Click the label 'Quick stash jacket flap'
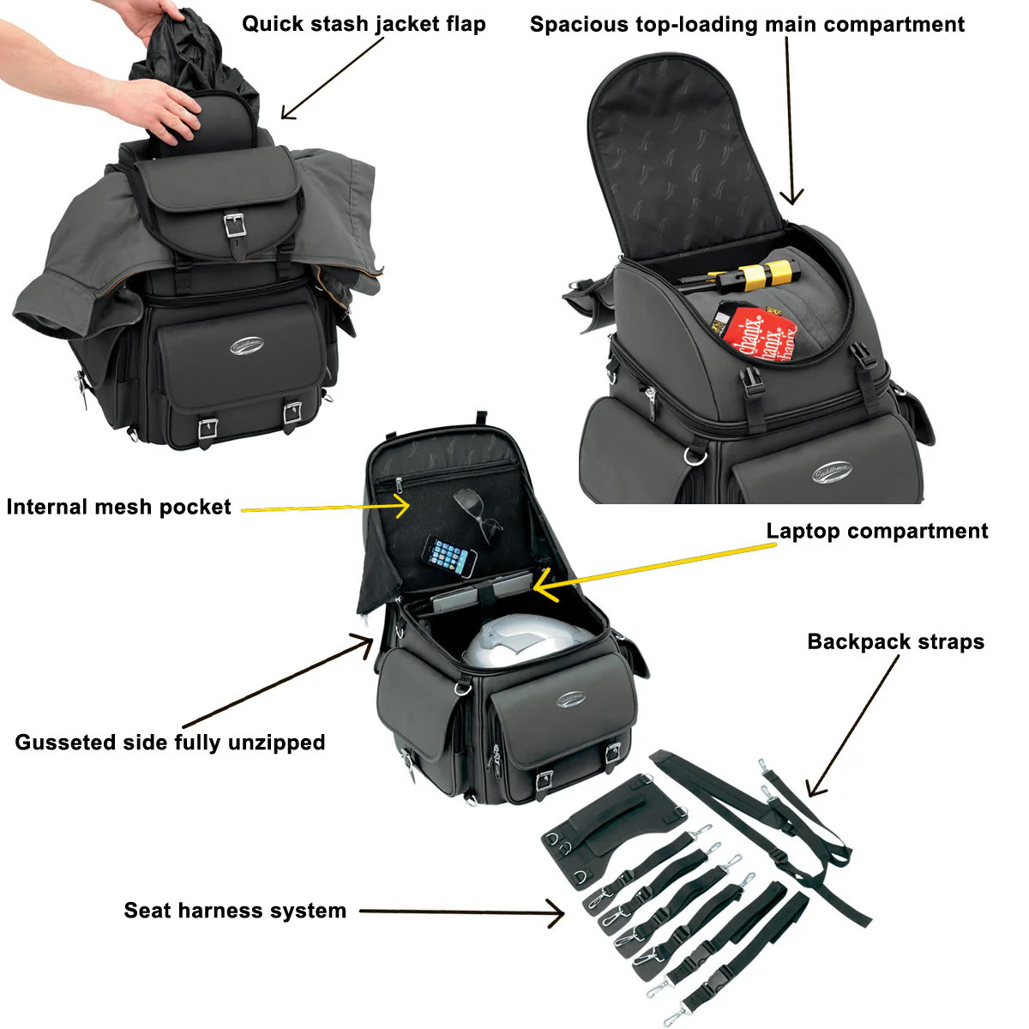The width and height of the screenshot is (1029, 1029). [364, 24]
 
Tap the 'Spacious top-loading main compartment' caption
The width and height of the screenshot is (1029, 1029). [747, 25]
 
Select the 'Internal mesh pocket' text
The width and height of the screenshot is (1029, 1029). [118, 507]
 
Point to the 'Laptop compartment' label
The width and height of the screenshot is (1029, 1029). [876, 531]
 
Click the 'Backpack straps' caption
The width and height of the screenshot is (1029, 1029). [895, 641]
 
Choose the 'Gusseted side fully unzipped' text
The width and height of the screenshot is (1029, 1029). [170, 742]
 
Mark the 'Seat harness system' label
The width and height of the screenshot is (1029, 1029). [235, 910]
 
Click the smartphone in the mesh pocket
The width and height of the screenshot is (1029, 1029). [451, 557]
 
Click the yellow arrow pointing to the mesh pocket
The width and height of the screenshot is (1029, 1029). [326, 508]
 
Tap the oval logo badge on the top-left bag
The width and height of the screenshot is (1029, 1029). [246, 346]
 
